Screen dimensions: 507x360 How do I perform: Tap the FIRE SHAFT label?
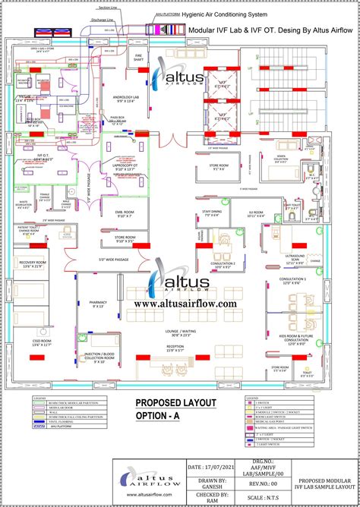tap(140, 56)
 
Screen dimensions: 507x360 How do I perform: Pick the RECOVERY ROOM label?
tap(32, 263)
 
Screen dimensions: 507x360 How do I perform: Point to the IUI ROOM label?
tap(256, 214)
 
